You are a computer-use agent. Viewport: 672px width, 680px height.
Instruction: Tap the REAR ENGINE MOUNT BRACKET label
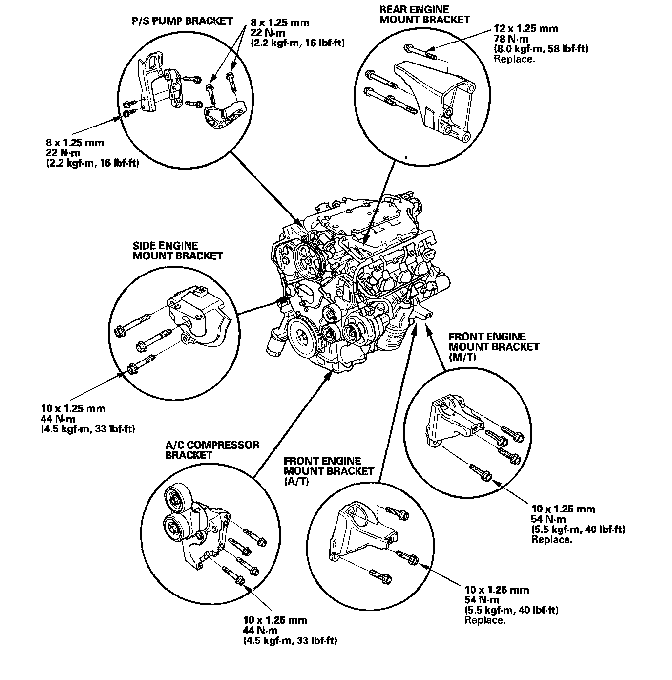tap(424, 15)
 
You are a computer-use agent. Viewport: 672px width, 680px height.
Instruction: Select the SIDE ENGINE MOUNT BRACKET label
tap(177, 251)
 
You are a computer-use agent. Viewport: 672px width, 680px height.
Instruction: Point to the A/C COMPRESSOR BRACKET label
tap(212, 449)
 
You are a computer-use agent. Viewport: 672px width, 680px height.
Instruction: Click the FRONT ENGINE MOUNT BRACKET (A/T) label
tap(329, 471)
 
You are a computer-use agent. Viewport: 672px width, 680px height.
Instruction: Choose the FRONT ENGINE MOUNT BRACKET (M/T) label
tap(494, 346)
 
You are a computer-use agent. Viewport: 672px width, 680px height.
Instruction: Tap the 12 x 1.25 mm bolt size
tap(526, 28)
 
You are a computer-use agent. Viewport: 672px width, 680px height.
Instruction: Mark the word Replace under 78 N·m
tap(514, 59)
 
